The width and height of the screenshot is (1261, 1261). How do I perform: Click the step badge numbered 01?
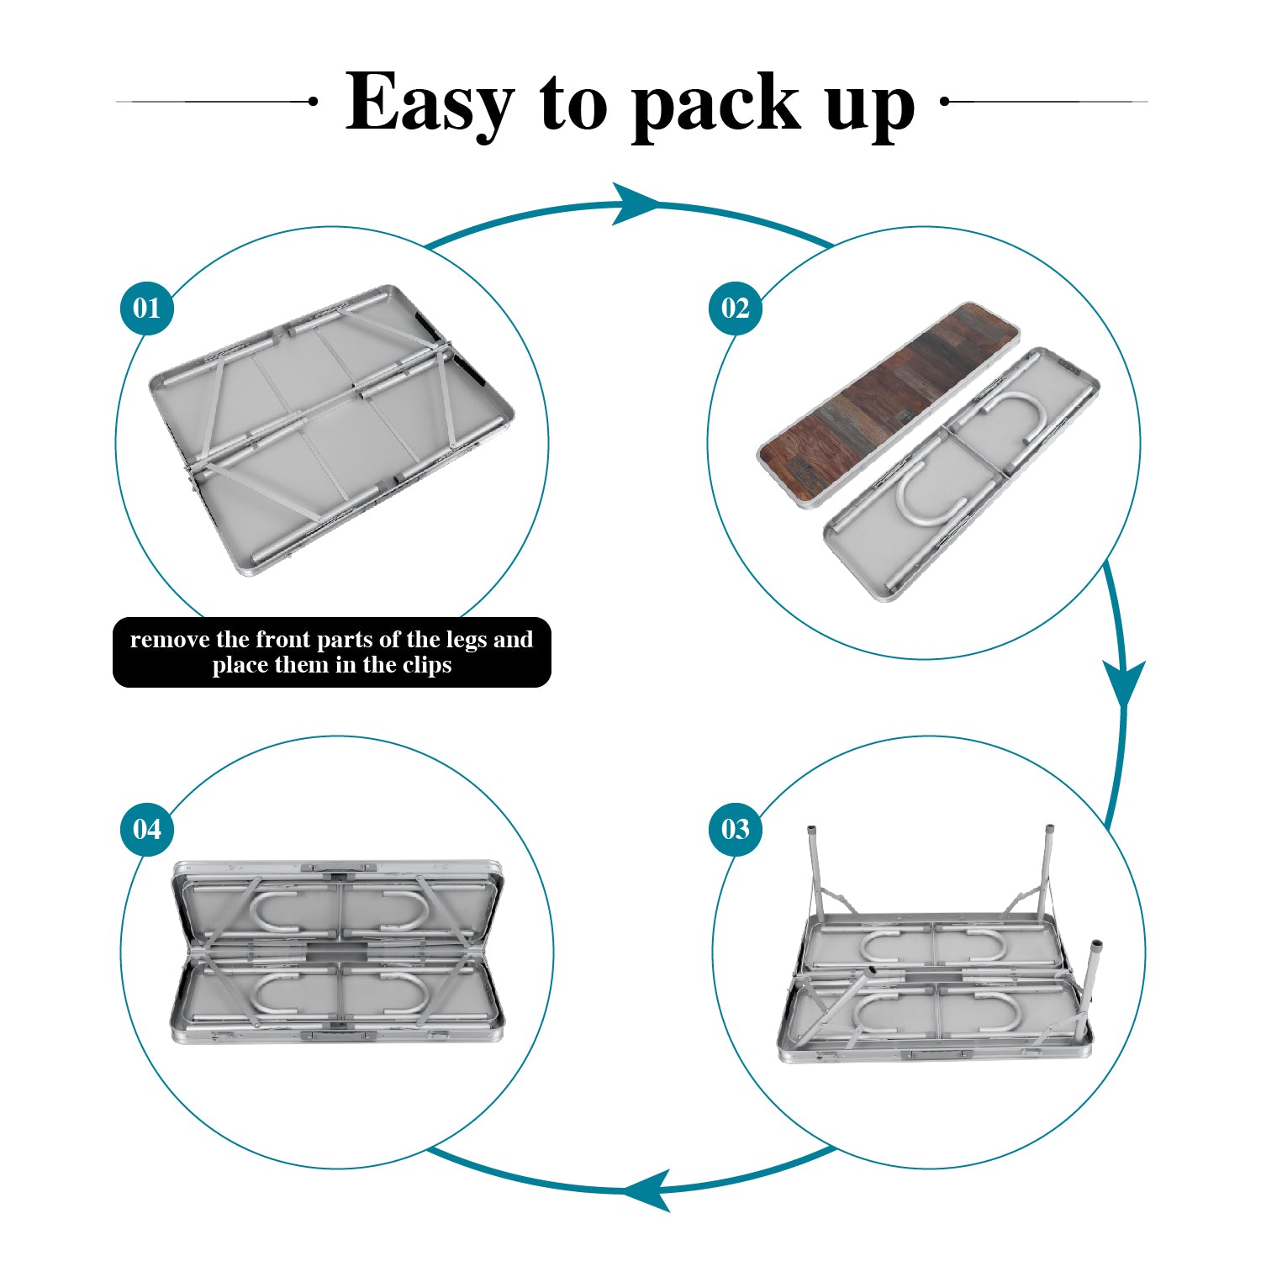tap(147, 308)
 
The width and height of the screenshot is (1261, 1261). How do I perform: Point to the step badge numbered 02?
tap(735, 308)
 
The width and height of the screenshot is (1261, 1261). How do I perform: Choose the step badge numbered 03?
tap(735, 829)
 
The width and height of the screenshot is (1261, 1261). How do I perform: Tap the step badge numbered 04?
tap(147, 829)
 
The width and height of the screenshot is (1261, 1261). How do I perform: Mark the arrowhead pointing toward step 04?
tap(646, 1190)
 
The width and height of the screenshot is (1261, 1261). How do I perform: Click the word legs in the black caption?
tap(467, 641)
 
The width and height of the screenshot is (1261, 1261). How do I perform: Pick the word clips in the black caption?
tap(425, 666)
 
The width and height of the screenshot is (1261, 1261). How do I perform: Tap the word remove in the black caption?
tap(171, 641)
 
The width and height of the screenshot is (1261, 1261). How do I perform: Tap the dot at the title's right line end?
tap(944, 101)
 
